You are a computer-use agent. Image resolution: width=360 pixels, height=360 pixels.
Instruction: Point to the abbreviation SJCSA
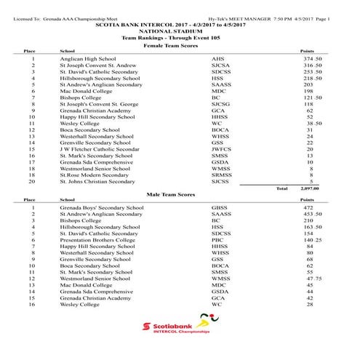220,65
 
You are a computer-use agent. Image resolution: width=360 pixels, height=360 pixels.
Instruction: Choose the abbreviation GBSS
219,207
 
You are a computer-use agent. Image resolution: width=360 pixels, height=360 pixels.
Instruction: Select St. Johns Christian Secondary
97,181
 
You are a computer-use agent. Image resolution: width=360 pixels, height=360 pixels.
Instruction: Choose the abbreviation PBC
217,239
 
